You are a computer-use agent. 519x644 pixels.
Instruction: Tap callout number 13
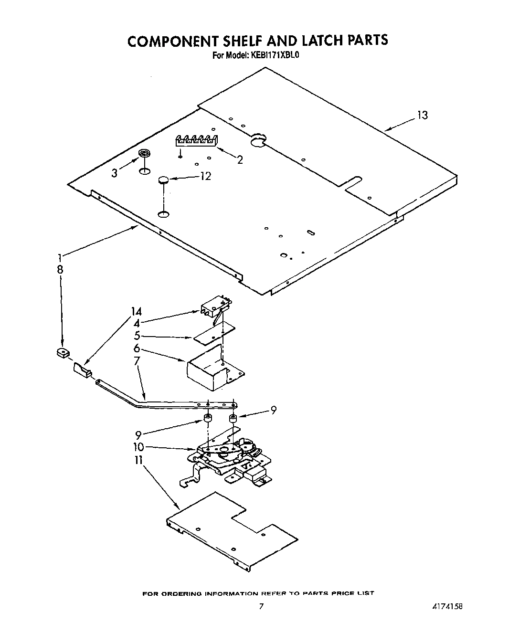422,115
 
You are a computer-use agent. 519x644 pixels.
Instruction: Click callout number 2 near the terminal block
240,160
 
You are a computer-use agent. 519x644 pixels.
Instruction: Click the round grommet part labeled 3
144,154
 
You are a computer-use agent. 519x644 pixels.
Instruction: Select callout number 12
205,176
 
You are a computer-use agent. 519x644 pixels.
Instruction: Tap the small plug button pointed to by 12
164,180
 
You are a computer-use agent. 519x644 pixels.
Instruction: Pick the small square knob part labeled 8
61,353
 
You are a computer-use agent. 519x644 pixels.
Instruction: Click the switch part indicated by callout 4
215,306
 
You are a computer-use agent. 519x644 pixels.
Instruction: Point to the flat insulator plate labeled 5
214,333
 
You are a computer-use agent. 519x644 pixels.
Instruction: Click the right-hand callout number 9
273,410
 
